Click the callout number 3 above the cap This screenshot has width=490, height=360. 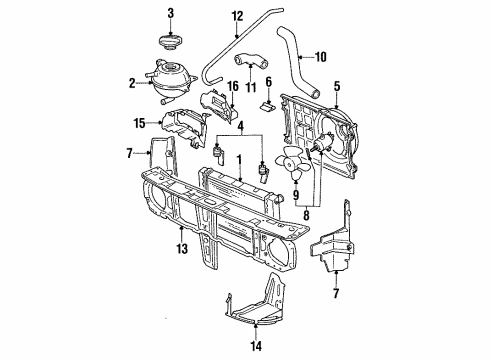pos(170,13)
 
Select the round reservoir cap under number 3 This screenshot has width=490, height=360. pos(170,43)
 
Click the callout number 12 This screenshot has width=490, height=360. pos(238,16)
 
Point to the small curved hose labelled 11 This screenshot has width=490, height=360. pos(250,61)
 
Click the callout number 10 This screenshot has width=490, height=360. pos(320,57)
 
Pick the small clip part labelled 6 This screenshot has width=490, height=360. pos(268,106)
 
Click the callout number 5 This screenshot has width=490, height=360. pos(337,86)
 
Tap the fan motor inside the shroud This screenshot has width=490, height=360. pos(322,143)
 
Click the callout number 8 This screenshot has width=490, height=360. pos(306,215)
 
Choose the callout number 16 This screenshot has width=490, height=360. pos(233,86)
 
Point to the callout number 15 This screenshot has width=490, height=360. pos(140,123)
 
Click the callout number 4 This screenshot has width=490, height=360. pos(241,126)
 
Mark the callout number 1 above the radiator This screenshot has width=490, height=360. pos(239,160)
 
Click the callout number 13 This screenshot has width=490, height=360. pos(182,249)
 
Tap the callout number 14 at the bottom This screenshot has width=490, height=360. pos(256,346)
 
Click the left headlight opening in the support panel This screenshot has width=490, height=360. pos(155,199)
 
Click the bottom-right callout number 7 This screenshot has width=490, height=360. pos(336,293)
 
